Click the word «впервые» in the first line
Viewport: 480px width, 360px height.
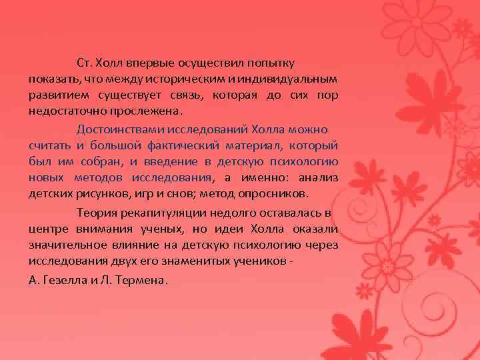pos(151,63)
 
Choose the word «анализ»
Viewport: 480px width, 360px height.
pos(317,177)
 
